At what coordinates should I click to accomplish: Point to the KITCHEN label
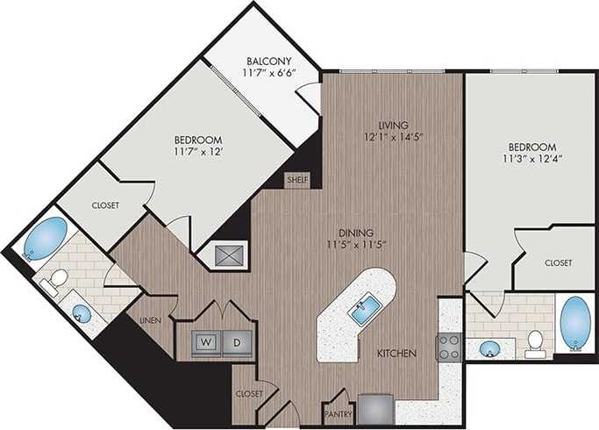point(396,354)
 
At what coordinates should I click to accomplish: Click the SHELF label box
point(296,180)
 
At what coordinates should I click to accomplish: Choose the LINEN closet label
point(151,321)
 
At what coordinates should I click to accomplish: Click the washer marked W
point(204,340)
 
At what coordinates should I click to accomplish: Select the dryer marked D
point(235,340)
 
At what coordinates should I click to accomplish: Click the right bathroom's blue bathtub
point(574,322)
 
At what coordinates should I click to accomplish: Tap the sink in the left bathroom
point(82,312)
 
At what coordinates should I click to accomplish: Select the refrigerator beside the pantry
point(375,408)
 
